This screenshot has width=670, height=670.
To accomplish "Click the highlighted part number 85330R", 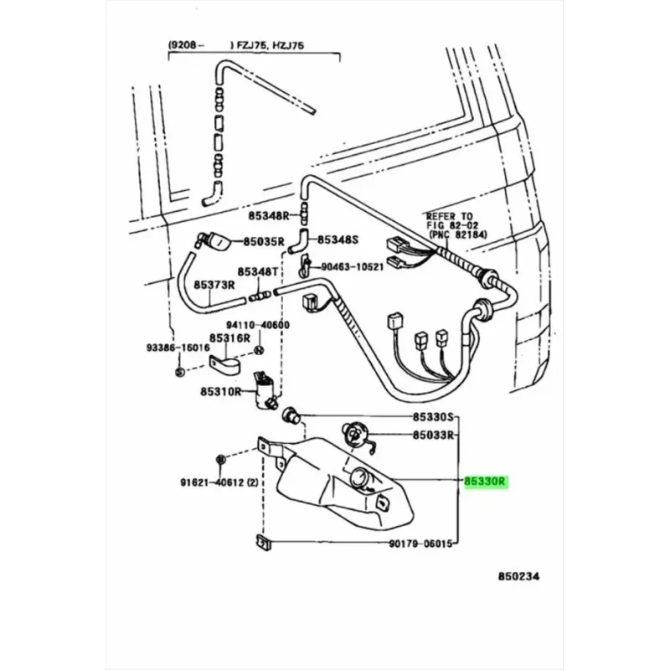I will (485, 482).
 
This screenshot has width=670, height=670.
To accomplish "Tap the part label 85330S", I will (432, 416).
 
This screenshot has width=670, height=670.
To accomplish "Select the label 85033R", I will (432, 435).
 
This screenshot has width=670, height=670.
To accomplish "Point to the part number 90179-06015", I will (420, 544).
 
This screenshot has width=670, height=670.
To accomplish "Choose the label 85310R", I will (220, 391).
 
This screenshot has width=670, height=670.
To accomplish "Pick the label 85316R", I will (229, 338).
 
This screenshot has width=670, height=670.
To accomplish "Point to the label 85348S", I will (338, 240).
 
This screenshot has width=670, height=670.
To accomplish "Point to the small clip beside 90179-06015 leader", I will (263, 542).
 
